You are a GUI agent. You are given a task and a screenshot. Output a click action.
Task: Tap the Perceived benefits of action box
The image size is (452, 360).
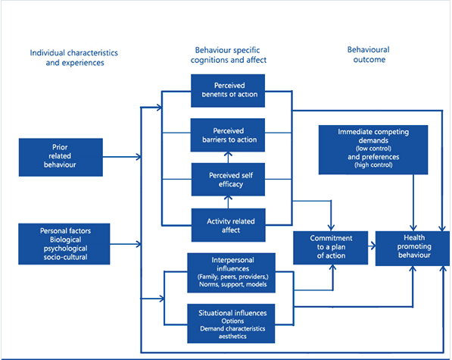pyautogui.click(x=227, y=89)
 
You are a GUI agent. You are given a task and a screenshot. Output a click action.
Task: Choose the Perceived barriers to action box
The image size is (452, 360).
pyautogui.click(x=227, y=134)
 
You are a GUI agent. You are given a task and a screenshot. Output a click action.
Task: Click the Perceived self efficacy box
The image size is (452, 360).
pyautogui.click(x=227, y=179)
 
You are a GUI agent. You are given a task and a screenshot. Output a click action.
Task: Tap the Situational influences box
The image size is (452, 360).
pyautogui.click(x=227, y=320)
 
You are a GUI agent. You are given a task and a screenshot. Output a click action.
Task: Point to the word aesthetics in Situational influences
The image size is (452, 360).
pyautogui.click(x=227, y=334)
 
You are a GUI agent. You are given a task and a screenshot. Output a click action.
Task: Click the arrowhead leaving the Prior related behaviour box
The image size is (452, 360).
pyautogui.click(x=139, y=158)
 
